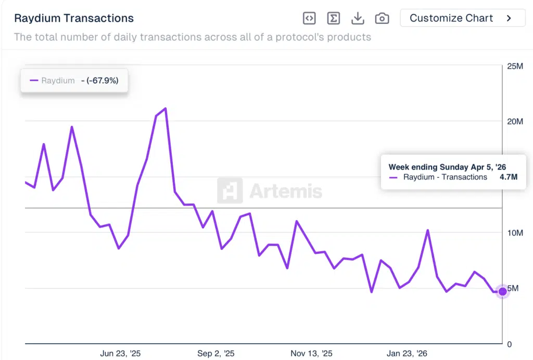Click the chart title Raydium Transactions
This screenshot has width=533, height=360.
pyautogui.click(x=74, y=18)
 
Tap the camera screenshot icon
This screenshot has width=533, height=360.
pyautogui.click(x=382, y=18)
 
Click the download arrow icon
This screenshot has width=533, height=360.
pyautogui.click(x=358, y=18)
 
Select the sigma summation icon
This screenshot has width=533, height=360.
pyautogui.click(x=333, y=18)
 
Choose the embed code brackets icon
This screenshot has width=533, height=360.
pyautogui.click(x=309, y=18)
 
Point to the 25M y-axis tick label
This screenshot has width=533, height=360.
pyautogui.click(x=515, y=66)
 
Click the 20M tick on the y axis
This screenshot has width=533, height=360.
pyautogui.click(x=515, y=122)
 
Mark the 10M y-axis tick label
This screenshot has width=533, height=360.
pyautogui.click(x=515, y=233)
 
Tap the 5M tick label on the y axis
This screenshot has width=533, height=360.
pyautogui.click(x=513, y=288)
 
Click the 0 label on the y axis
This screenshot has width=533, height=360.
pyautogui.click(x=510, y=344)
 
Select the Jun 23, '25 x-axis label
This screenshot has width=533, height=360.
pyautogui.click(x=120, y=354)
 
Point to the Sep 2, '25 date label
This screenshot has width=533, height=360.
pyautogui.click(x=216, y=354)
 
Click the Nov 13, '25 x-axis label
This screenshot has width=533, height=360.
pyautogui.click(x=311, y=354)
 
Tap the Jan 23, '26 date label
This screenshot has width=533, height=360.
pyautogui.click(x=407, y=354)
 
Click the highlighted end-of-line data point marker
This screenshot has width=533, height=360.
pyautogui.click(x=502, y=291)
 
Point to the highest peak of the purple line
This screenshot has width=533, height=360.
pyautogui.click(x=165, y=108)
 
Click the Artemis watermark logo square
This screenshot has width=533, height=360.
pyautogui.click(x=230, y=190)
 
